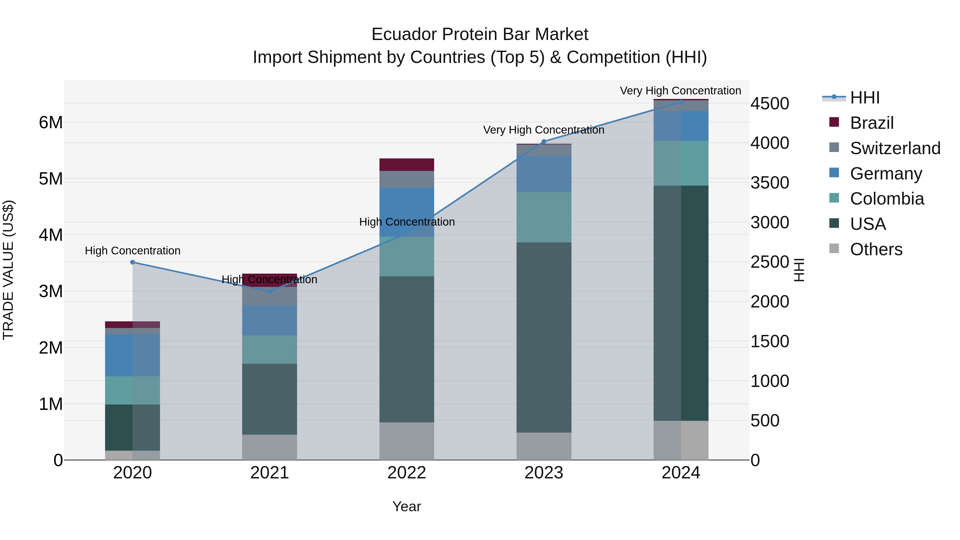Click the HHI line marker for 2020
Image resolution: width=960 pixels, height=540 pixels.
coord(133,262)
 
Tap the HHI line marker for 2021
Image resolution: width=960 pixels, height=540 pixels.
coord(270,291)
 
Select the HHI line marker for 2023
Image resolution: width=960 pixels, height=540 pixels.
coord(544,142)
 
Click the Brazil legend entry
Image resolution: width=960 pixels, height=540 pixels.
coord(872,123)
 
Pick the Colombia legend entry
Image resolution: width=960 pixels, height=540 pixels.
coord(887,199)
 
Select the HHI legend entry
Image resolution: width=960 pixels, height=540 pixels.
coord(865,98)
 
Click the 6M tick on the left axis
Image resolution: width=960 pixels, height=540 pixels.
coord(51,123)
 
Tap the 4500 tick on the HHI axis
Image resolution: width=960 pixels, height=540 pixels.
coord(770,104)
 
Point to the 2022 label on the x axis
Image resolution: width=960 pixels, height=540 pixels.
coord(407,473)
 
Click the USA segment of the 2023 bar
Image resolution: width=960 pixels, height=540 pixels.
coord(544,337)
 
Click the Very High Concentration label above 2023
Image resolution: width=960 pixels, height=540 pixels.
coord(544,130)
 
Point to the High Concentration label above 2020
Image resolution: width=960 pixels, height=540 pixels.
coord(133,251)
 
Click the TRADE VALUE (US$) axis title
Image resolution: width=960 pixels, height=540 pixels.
coord(8,270)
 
